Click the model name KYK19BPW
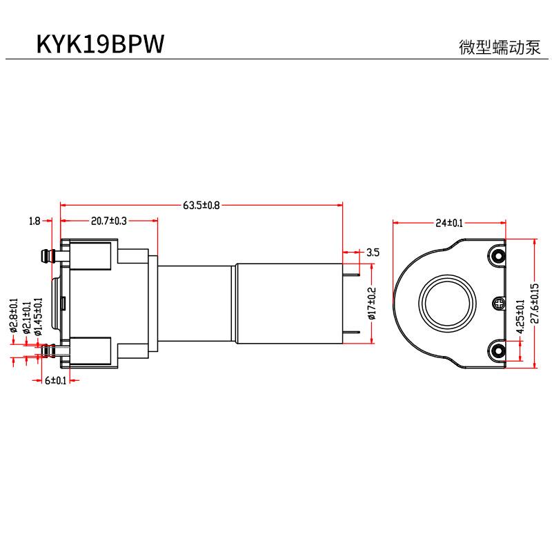pyautogui.click(x=101, y=43)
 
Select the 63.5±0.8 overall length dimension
pyautogui.click(x=201, y=205)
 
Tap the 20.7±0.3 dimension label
pyautogui.click(x=109, y=221)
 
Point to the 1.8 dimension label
pyautogui.click(x=34, y=221)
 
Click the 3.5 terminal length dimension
pyautogui.click(x=373, y=252)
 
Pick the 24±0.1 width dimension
pyautogui.click(x=449, y=223)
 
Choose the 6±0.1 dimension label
pyautogui.click(x=55, y=380)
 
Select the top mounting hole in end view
pyautogui.click(x=497, y=256)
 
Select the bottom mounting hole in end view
pyautogui.click(x=497, y=351)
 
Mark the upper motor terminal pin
pyautogui.click(x=353, y=274)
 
